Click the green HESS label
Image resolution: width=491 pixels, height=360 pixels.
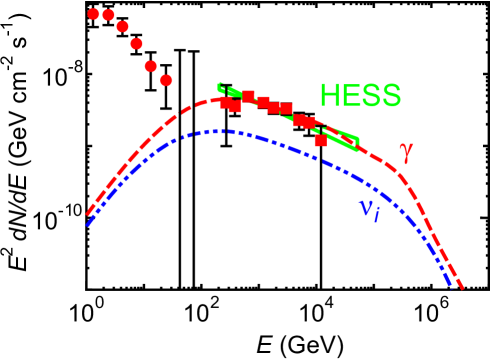360,96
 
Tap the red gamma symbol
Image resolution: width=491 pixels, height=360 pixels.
405,153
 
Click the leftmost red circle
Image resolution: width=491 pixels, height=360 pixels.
94,14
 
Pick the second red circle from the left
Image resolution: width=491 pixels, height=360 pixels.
108,15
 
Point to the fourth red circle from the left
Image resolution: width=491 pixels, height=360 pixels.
136,43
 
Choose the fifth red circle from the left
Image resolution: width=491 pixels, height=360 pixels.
150,66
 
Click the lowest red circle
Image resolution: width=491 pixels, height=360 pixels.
166,80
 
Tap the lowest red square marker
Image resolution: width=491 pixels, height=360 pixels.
320,140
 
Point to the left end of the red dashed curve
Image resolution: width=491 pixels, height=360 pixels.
87,214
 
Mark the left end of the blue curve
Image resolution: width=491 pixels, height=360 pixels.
87,225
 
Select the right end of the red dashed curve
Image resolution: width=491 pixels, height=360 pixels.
462,288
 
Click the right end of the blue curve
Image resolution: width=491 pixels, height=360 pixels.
451,286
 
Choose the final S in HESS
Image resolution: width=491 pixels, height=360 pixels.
391,96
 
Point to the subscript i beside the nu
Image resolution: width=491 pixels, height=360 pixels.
376,215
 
